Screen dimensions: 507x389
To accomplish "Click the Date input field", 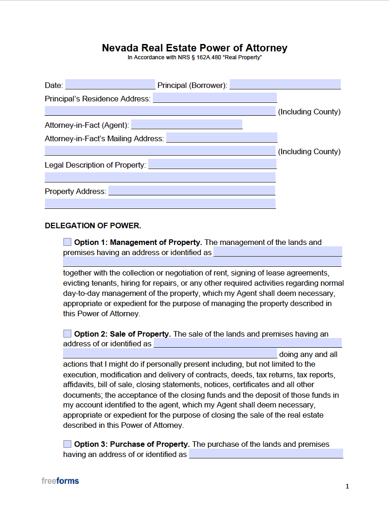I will pos(110,85).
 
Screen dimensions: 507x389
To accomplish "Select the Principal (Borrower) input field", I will pos(285,85).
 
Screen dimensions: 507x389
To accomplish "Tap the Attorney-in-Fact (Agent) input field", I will pos(187,125).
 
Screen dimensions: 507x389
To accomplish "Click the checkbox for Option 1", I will pos(68,242).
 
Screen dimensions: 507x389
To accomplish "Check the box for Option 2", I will pos(68,334).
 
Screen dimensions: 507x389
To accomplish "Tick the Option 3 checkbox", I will pos(68,444).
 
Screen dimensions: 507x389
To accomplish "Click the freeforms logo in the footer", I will pos(60,481).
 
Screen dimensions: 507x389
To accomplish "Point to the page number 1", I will pos(347,486).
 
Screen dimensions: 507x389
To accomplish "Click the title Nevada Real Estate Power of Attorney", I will pos(194,48).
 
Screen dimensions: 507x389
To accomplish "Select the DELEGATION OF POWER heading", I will pos(93,226).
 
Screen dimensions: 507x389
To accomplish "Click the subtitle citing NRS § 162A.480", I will pos(194,57).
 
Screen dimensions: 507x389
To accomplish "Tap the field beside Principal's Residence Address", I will pos(215,98).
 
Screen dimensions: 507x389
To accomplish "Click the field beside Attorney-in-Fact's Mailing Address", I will pos(222,138).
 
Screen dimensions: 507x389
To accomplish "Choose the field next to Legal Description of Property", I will pos(212,164).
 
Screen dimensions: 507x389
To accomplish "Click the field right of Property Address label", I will pos(192,191).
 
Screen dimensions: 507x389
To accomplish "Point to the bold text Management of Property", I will pos(156,242).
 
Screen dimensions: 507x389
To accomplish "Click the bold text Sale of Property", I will pos(140,334).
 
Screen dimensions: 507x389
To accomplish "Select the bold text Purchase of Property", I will pos(150,444).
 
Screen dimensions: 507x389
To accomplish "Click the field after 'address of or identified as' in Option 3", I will pos(266,454).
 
